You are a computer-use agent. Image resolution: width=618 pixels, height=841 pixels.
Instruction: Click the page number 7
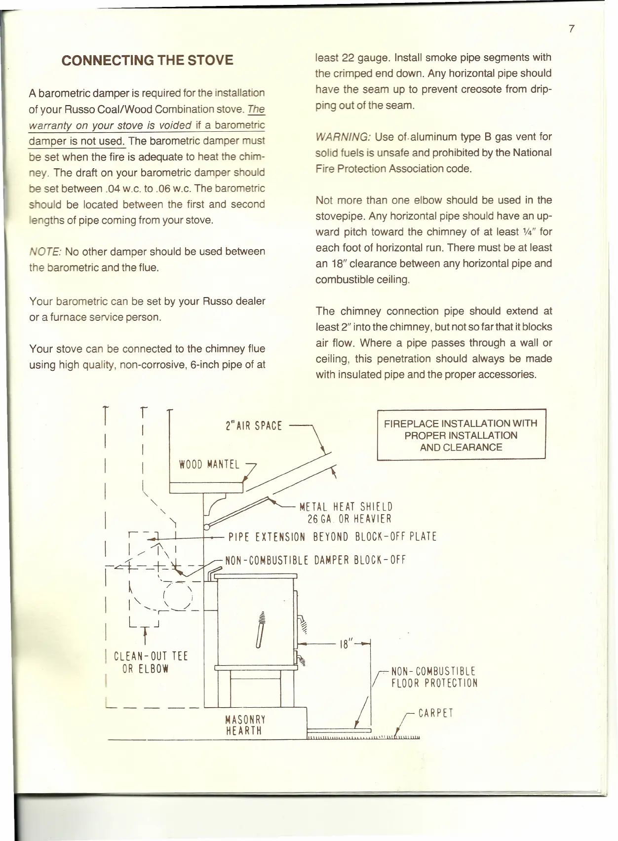pyautogui.click(x=572, y=29)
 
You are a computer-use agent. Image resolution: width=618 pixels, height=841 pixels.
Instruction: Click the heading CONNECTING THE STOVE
pyautogui.click(x=147, y=60)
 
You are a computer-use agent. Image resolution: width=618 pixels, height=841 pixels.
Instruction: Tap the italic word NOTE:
pyautogui.click(x=45, y=252)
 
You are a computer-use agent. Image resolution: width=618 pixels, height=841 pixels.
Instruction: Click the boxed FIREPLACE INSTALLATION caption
pyautogui.click(x=461, y=435)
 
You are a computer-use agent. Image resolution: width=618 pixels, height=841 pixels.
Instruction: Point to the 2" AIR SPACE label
pyautogui.click(x=253, y=426)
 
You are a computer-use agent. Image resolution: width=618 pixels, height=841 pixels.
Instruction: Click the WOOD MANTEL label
pyautogui.click(x=209, y=464)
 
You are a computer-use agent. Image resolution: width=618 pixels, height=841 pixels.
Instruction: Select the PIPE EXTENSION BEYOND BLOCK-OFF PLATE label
pyautogui.click(x=332, y=537)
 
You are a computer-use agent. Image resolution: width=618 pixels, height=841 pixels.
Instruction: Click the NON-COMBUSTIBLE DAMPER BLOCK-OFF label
pyautogui.click(x=315, y=560)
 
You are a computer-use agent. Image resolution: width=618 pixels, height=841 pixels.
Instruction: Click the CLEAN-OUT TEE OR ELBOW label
pyautogui.click(x=151, y=662)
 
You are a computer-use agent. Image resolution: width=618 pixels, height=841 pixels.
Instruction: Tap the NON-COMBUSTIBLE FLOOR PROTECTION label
pyautogui.click(x=434, y=677)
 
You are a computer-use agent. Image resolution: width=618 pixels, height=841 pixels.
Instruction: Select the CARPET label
pyautogui.click(x=435, y=713)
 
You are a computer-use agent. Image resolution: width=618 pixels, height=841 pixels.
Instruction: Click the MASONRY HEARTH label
pyautogui.click(x=245, y=725)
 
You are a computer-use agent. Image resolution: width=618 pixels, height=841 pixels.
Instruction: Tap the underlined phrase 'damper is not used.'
pyautogui.click(x=77, y=141)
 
